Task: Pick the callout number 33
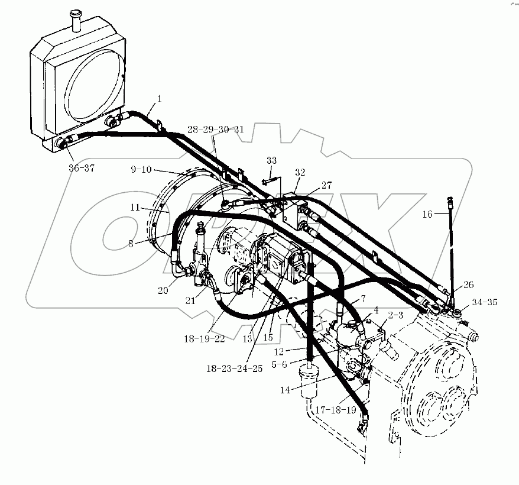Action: point(271,160)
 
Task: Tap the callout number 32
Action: point(300,173)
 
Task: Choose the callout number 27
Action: point(326,184)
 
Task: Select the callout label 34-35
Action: point(484,302)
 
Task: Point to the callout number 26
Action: point(468,284)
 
